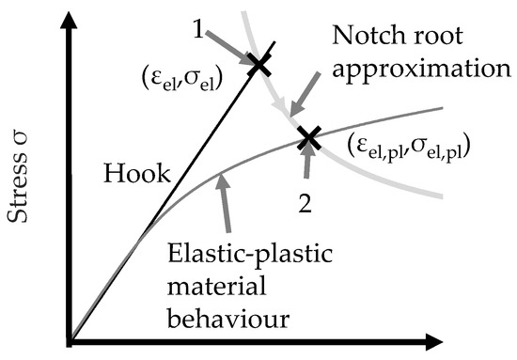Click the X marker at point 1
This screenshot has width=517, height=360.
[260, 64]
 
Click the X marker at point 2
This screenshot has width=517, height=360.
[306, 139]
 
